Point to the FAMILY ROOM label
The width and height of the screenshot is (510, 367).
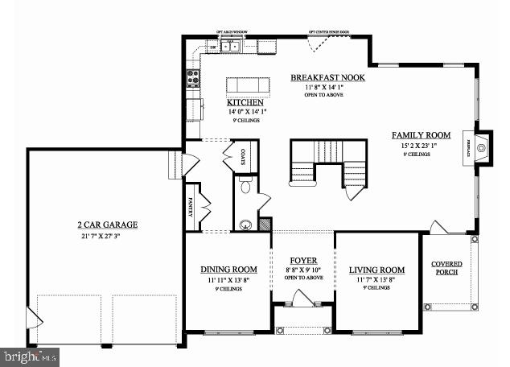pyautogui.click(x=421, y=135)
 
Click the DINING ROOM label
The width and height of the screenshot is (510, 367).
pyautogui.click(x=228, y=270)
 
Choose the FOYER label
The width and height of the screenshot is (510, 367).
pyautogui.click(x=302, y=260)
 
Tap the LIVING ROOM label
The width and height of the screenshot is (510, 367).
pyautogui.click(x=376, y=270)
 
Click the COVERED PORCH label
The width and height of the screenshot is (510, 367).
pyautogui.click(x=446, y=269)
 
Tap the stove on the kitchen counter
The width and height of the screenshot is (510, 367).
pyautogui.click(x=193, y=78)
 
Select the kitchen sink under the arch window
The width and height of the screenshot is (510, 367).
pyautogui.click(x=230, y=47)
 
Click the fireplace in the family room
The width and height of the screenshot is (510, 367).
pyautogui.click(x=481, y=147)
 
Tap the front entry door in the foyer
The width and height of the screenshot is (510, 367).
pyautogui.click(x=301, y=299)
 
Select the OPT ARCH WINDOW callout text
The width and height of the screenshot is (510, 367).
pyautogui.click(x=232, y=33)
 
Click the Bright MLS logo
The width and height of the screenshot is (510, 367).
pyautogui.click(x=31, y=354)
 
